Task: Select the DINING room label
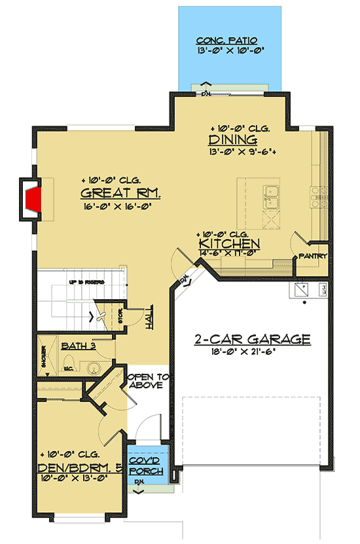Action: [232, 141]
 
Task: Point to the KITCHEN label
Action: [229, 245]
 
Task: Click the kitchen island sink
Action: [272, 195]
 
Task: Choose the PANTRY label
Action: [312, 256]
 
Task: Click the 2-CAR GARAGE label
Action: [252, 339]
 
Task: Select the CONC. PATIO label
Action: [230, 39]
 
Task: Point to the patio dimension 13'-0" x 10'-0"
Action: [230, 50]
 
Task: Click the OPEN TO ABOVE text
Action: [148, 381]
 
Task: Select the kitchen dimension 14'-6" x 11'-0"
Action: [229, 255]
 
